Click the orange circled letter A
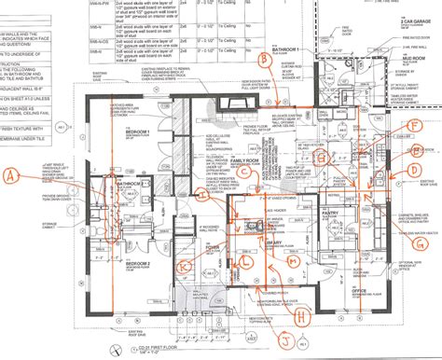(12, 173)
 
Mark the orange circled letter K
(186, 266)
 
